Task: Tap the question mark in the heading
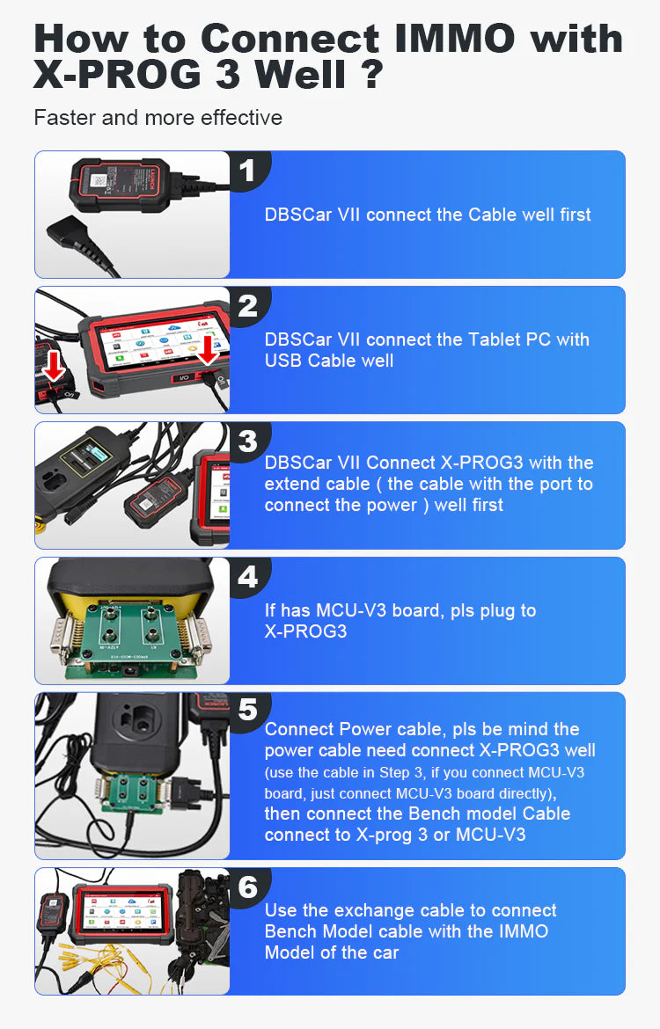pyautogui.click(x=369, y=75)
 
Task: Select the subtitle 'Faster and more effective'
pyautogui.click(x=158, y=118)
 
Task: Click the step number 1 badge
pyautogui.click(x=247, y=170)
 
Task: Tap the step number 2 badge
pyautogui.click(x=247, y=305)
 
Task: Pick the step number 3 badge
pyautogui.click(x=247, y=441)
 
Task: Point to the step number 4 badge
pyautogui.click(x=247, y=576)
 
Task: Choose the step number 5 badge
pyautogui.click(x=247, y=711)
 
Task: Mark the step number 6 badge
pyautogui.click(x=247, y=887)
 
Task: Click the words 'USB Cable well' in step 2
pyautogui.click(x=329, y=361)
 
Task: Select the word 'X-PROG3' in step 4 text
pyautogui.click(x=305, y=631)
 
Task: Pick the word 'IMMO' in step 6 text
pyautogui.click(x=519, y=931)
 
